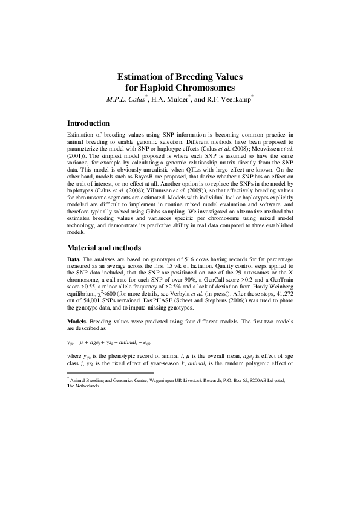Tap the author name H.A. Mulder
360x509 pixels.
190,99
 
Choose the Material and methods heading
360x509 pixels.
104,264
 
